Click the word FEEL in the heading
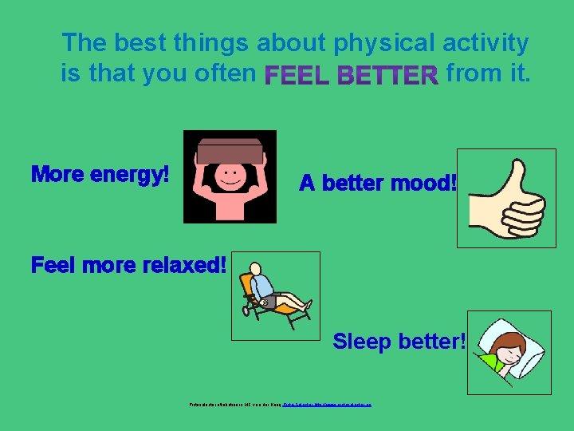pos(298,76)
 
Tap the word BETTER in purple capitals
pos(388,76)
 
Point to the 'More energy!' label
pos(100,174)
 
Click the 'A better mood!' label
pos(378,184)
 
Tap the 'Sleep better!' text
pos(399,342)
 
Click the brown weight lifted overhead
pos(230,150)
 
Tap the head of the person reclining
pos(255,269)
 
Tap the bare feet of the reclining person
pos(306,305)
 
